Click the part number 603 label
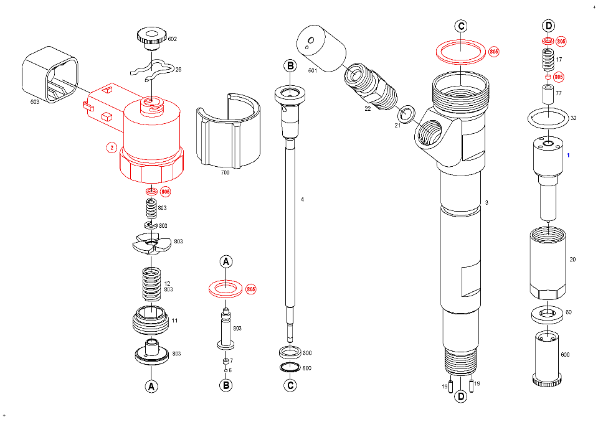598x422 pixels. [x=35, y=100]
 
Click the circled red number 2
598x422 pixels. [x=111, y=148]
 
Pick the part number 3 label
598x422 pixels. [x=486, y=203]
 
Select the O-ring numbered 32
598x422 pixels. [x=548, y=117]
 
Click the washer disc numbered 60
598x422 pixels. [x=548, y=314]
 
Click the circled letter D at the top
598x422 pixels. [x=548, y=26]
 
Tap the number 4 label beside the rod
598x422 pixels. [x=302, y=200]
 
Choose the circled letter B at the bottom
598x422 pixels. [x=226, y=386]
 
